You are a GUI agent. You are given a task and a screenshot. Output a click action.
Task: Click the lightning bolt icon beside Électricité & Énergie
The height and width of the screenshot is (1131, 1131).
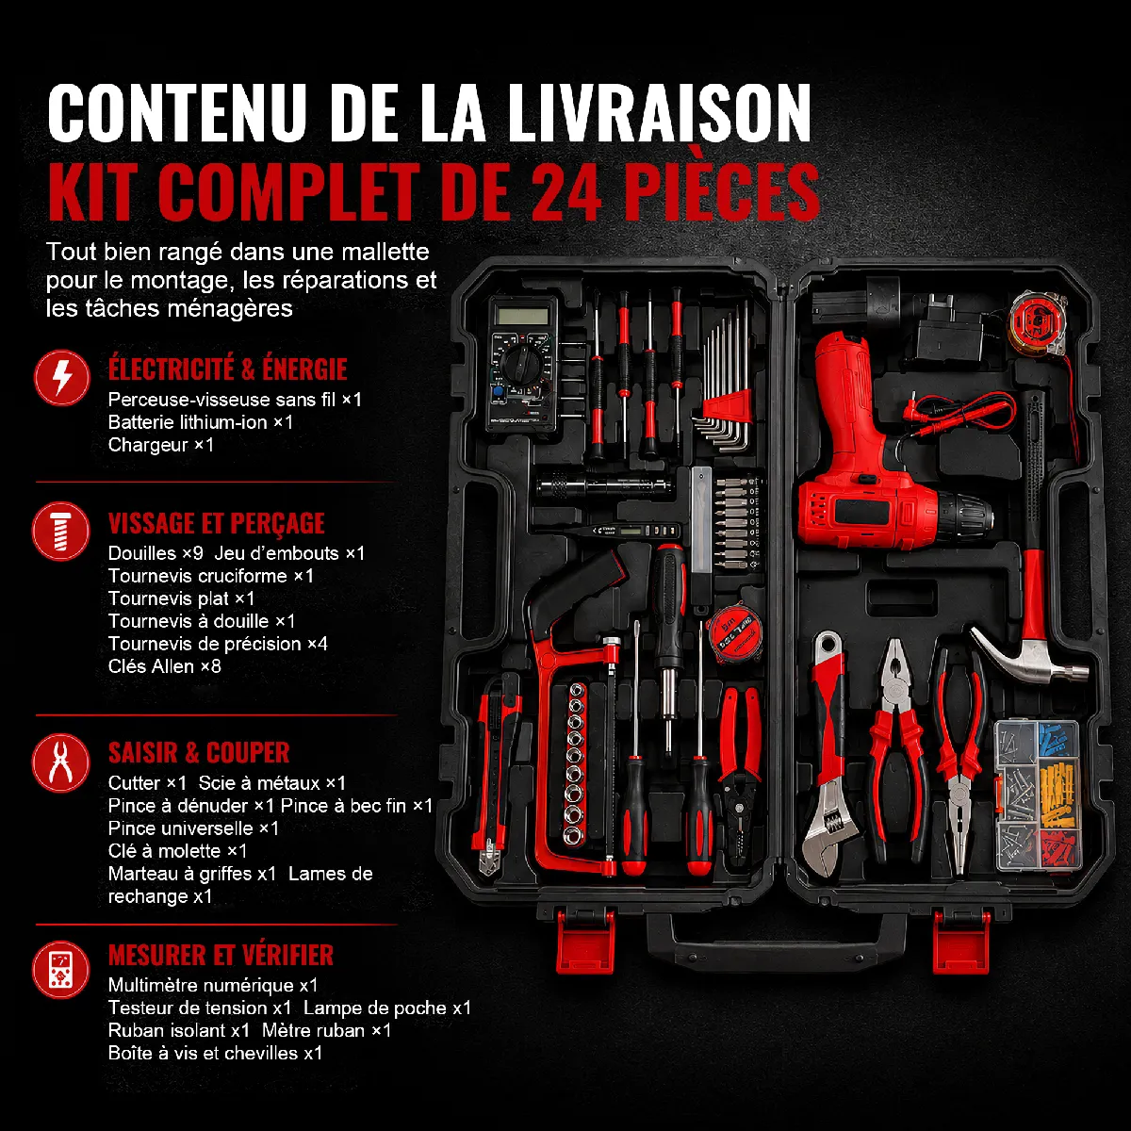click(x=61, y=377)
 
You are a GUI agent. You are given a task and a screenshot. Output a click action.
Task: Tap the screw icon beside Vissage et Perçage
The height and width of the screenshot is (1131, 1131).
click(x=61, y=531)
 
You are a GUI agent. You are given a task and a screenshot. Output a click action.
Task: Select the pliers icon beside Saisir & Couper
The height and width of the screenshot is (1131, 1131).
click(x=61, y=762)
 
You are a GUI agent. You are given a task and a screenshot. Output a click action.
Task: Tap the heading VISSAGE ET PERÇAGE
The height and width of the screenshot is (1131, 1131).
click(x=216, y=523)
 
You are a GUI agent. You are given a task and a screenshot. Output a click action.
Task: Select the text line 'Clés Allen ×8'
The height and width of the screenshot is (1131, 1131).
click(x=164, y=666)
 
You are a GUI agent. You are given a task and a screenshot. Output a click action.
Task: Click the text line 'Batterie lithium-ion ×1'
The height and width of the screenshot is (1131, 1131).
click(x=200, y=422)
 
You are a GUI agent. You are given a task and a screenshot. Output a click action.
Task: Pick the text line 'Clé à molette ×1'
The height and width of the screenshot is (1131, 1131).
click(x=177, y=850)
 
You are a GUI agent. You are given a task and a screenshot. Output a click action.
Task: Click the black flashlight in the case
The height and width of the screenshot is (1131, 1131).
click(x=604, y=486)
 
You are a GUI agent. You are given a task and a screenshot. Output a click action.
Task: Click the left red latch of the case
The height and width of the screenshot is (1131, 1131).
click(x=584, y=941)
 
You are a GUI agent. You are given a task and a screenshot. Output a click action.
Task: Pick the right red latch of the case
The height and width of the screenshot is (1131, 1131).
click(x=961, y=941)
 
